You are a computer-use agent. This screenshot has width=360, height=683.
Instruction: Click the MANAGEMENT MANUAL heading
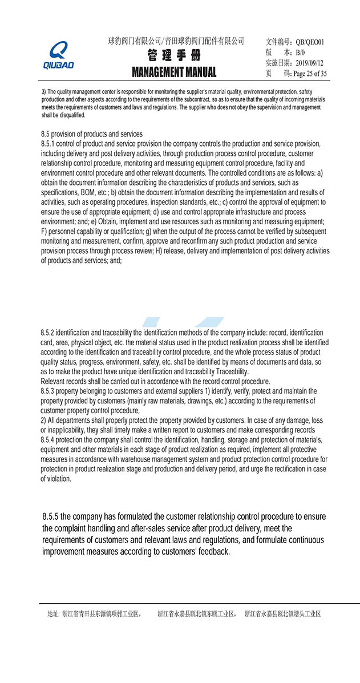(174, 72)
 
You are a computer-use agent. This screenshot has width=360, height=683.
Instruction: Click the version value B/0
(301, 52)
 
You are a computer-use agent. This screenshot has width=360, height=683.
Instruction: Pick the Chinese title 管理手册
(174, 56)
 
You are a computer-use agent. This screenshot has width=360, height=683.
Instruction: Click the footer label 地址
(52, 614)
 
